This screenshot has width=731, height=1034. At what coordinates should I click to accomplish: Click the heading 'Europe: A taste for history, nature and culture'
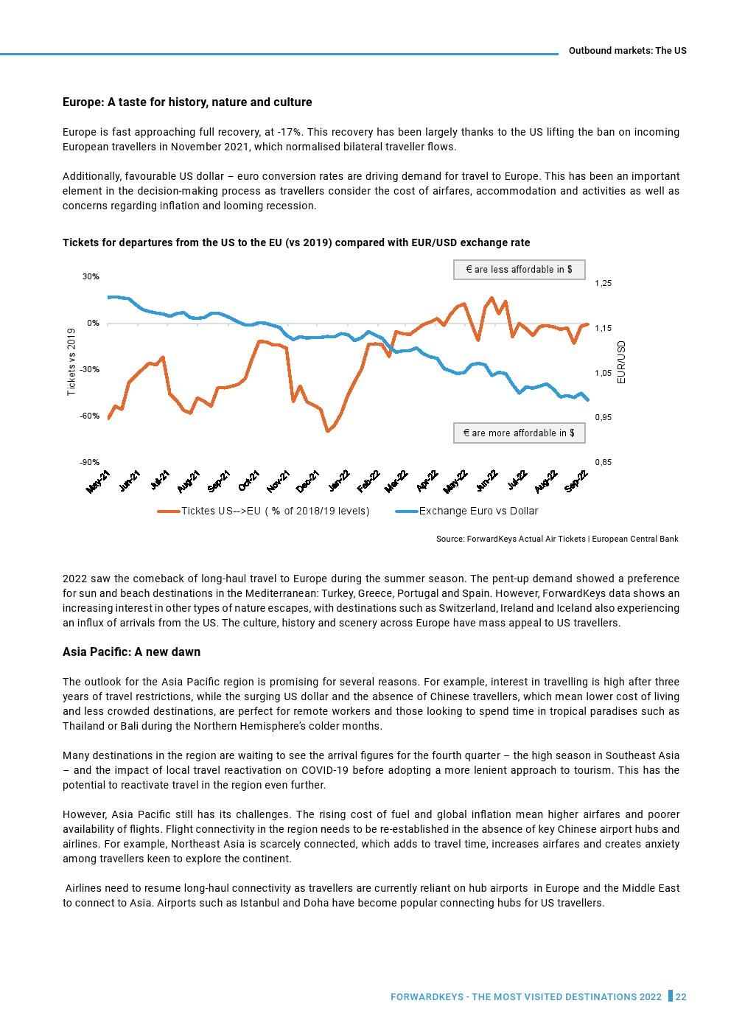[x=187, y=102]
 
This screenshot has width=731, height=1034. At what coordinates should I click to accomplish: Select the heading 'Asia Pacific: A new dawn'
[x=131, y=652]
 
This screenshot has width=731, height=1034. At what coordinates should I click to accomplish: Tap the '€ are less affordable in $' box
[x=519, y=270]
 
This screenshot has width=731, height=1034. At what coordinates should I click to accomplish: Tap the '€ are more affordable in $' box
[x=519, y=433]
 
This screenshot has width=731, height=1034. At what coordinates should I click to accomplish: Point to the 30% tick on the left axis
[x=91, y=277]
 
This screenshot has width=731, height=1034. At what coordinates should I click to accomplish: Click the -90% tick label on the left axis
[x=90, y=463]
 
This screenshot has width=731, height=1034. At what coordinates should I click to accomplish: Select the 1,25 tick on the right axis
[x=603, y=284]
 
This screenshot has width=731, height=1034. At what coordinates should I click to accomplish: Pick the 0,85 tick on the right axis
[x=603, y=463]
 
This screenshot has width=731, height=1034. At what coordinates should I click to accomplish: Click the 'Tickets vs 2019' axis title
[x=71, y=362]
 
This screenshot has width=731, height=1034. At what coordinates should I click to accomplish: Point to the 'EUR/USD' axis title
[x=621, y=362]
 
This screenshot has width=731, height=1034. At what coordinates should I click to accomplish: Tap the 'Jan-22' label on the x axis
[x=339, y=481]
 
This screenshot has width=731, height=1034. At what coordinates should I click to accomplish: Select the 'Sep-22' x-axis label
[x=576, y=481]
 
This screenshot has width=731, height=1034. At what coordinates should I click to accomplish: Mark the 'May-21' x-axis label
[x=99, y=482]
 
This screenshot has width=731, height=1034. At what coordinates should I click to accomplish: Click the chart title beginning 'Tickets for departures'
[x=296, y=243]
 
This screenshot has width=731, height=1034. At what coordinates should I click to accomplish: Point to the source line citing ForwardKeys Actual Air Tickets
[x=557, y=539]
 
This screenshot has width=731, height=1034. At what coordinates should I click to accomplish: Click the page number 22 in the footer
[x=681, y=997]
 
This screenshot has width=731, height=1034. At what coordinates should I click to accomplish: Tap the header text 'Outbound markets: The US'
[x=627, y=51]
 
